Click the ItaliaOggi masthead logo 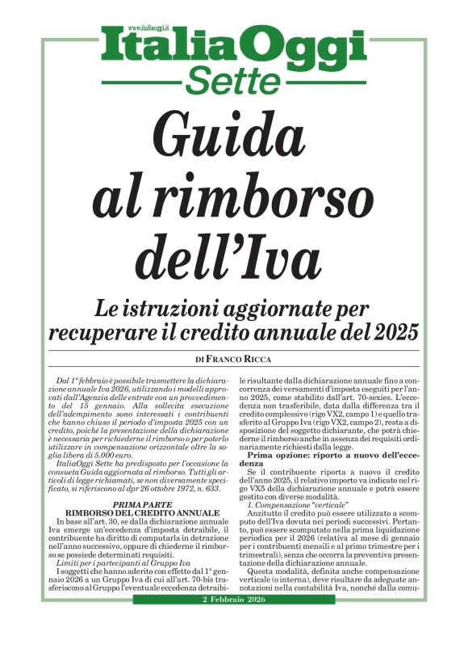(233, 49)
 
